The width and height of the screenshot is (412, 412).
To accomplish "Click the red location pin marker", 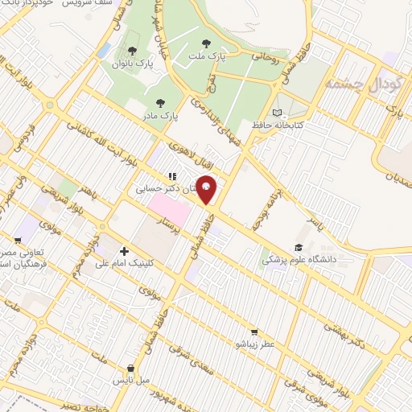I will (207, 188).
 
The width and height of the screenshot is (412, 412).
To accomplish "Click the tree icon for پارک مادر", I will (160, 102).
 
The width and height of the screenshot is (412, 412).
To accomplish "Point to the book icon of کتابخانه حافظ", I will (278, 113).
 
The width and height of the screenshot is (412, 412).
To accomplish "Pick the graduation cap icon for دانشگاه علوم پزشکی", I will (298, 247).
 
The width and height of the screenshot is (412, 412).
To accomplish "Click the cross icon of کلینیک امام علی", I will (123, 251).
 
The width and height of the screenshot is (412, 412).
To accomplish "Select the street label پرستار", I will (166, 223).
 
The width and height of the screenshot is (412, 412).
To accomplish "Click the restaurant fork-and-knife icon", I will (171, 176).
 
